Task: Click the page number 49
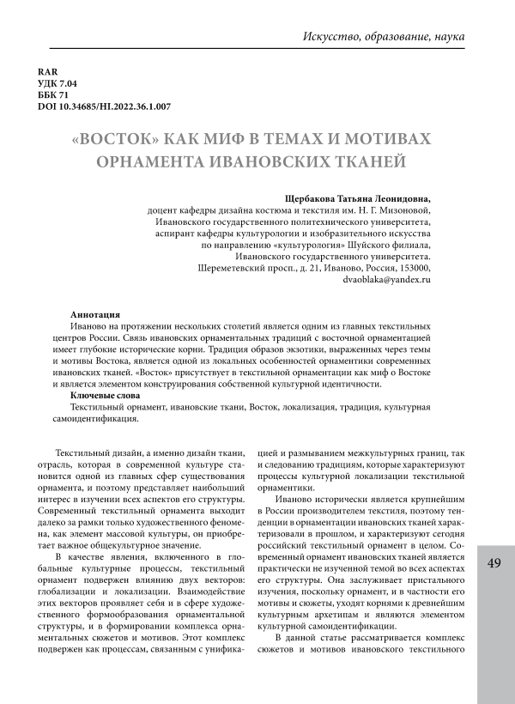(x=494, y=563)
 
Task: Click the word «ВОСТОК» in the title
(x=120, y=139)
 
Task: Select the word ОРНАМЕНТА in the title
(x=171, y=161)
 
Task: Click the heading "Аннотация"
(x=96, y=315)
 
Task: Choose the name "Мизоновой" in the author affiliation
(x=403, y=209)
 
